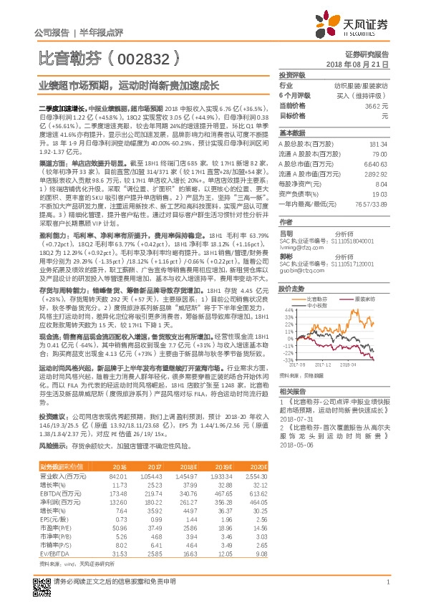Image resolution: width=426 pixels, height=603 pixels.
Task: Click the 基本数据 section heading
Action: [291, 133]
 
